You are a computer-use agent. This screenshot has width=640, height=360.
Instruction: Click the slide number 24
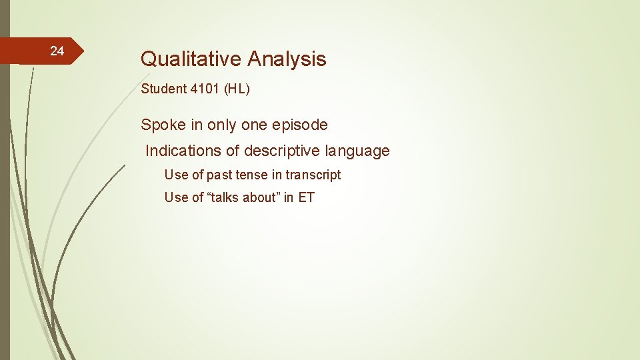click(x=57, y=51)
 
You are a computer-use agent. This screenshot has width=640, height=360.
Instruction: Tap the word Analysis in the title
click(x=287, y=59)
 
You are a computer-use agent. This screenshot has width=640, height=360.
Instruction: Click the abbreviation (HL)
click(x=237, y=89)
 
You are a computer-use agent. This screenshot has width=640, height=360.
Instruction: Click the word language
click(x=357, y=151)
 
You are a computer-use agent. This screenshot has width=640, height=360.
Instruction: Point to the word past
click(x=219, y=175)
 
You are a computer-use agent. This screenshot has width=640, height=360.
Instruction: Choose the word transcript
click(x=313, y=175)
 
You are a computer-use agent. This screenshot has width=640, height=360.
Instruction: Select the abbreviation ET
click(x=307, y=197)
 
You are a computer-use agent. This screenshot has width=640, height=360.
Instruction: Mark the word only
click(x=223, y=125)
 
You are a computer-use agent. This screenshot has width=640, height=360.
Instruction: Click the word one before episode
click(x=257, y=125)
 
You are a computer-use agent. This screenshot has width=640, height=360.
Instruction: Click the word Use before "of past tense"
click(x=176, y=175)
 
